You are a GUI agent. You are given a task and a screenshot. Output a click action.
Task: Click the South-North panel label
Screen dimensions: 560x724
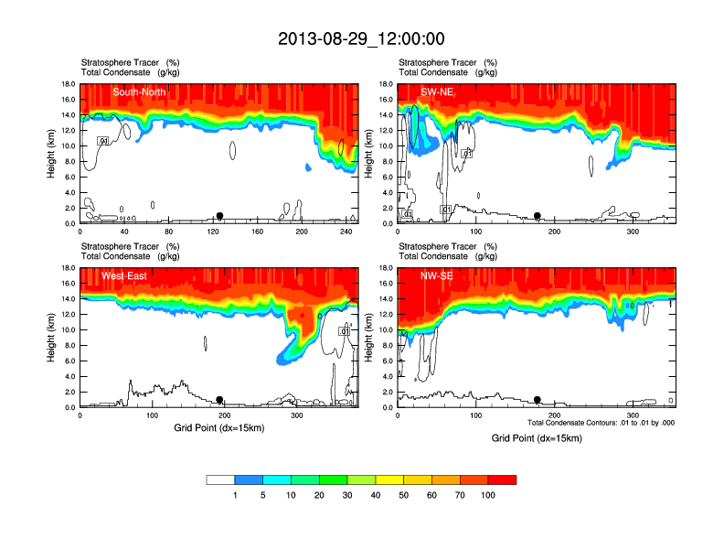pyautogui.click(x=139, y=92)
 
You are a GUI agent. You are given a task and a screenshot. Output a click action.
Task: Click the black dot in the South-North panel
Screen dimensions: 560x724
pyautogui.click(x=219, y=216)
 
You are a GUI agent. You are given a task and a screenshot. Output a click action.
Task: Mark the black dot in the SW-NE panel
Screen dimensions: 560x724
pyautogui.click(x=538, y=216)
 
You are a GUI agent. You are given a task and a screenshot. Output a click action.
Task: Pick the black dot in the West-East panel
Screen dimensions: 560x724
pyautogui.click(x=219, y=400)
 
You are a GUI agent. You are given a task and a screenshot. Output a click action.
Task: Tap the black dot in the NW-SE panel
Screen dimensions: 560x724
pyautogui.click(x=538, y=400)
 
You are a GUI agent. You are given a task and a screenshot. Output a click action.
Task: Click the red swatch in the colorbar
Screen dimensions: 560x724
pyautogui.click(x=502, y=479)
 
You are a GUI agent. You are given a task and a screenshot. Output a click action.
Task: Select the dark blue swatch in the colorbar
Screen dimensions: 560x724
pyautogui.click(x=249, y=479)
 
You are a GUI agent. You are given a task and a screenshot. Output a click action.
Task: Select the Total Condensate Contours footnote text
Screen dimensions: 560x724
pyautogui.click(x=601, y=423)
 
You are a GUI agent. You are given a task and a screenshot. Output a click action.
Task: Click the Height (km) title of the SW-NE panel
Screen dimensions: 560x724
pyautogui.click(x=367, y=153)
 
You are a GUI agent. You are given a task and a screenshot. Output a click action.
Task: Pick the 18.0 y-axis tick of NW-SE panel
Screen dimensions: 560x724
pyautogui.click(x=388, y=268)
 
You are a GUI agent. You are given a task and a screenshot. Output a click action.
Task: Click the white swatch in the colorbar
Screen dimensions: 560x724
pyautogui.click(x=220, y=479)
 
